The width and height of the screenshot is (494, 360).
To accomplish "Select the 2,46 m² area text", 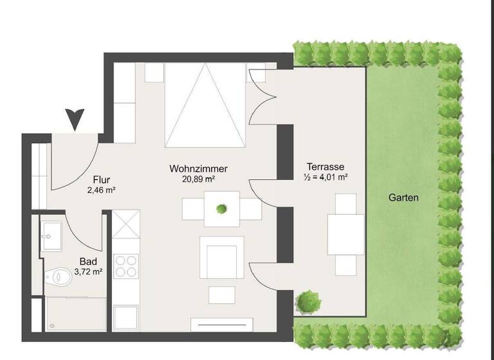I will click(101, 190).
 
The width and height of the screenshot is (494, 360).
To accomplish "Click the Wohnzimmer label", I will click(199, 168).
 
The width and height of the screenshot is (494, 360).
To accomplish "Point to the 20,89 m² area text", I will click(199, 179).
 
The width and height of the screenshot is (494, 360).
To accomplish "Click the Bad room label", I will click(88, 262).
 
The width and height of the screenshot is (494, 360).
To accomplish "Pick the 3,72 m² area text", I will click(88, 272).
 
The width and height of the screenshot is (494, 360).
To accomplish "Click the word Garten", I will click(403, 198).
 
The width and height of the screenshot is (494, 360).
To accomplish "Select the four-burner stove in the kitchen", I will click(126, 265).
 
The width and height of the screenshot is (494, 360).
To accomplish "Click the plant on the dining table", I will click(222, 208).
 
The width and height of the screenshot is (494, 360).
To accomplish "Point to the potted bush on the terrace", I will click(307, 300).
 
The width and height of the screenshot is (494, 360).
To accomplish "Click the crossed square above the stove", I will click(126, 224).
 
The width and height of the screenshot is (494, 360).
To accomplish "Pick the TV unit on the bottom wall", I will click(221, 324).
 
